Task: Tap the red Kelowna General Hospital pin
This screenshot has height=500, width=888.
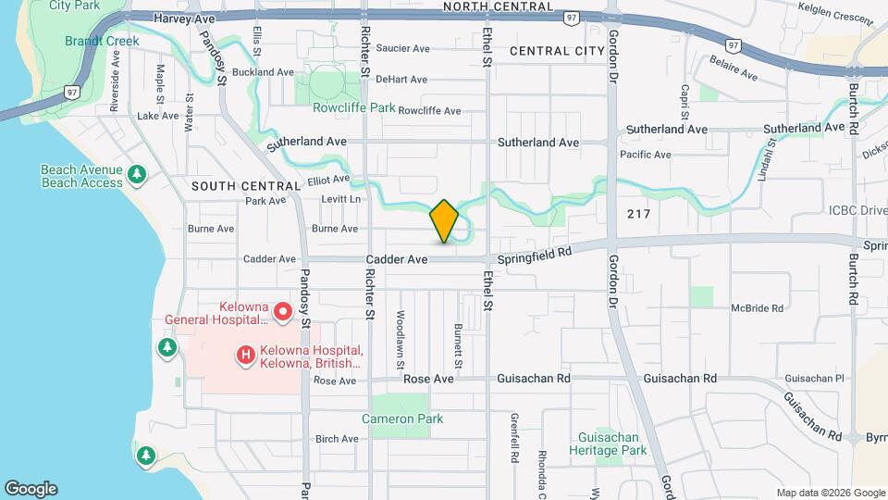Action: pyautogui.click(x=281, y=308)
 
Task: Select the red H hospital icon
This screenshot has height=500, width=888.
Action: pyautogui.click(x=245, y=355)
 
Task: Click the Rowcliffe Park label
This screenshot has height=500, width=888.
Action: pyautogui.click(x=353, y=107)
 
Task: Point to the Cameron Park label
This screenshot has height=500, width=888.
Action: pyautogui.click(x=402, y=419)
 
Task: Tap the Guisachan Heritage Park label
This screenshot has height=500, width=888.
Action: pyautogui.click(x=611, y=444)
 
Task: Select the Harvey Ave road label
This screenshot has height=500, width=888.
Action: pyautogui.click(x=184, y=19)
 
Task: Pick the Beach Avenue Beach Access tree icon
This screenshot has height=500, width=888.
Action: pyautogui.click(x=137, y=173)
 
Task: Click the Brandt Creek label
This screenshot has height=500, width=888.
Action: pyautogui.click(x=102, y=41)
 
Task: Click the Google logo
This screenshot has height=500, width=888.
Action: pyautogui.click(x=31, y=489)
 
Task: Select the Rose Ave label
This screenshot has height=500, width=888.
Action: pyautogui.click(x=334, y=381)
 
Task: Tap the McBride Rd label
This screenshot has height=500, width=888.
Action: pyautogui.click(x=757, y=308)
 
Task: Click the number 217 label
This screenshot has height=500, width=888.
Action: pyautogui.click(x=638, y=214)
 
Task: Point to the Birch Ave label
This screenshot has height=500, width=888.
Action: pyautogui.click(x=337, y=439)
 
